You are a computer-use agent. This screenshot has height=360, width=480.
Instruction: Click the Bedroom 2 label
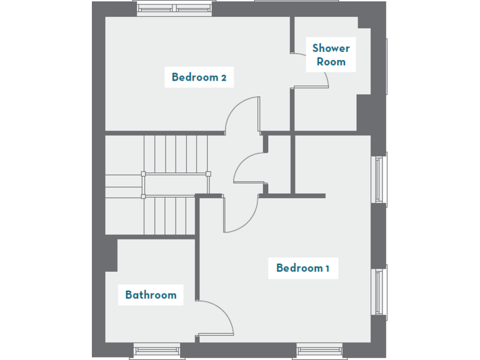tap(199, 77)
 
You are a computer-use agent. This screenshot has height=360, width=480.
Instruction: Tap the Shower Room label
tap(331, 54)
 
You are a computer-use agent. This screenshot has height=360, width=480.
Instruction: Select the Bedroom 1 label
tap(303, 268)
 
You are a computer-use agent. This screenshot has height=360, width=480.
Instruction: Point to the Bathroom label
tap(151, 295)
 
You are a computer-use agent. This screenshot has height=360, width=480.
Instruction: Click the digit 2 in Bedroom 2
tap(223, 78)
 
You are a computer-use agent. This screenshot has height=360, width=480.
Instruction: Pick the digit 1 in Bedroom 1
tap(327, 269)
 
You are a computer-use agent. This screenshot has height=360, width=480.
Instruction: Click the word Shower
tap(331, 47)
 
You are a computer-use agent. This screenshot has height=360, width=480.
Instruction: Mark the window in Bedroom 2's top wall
tap(175, 9)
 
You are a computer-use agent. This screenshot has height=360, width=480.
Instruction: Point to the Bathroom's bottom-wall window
tap(157, 351)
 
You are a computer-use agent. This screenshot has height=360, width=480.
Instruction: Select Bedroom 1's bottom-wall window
tap(319, 351)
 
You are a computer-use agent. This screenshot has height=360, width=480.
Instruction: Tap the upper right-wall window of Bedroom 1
tap(379, 179)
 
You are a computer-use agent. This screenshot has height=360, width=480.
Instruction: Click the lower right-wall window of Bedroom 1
tap(379, 291)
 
